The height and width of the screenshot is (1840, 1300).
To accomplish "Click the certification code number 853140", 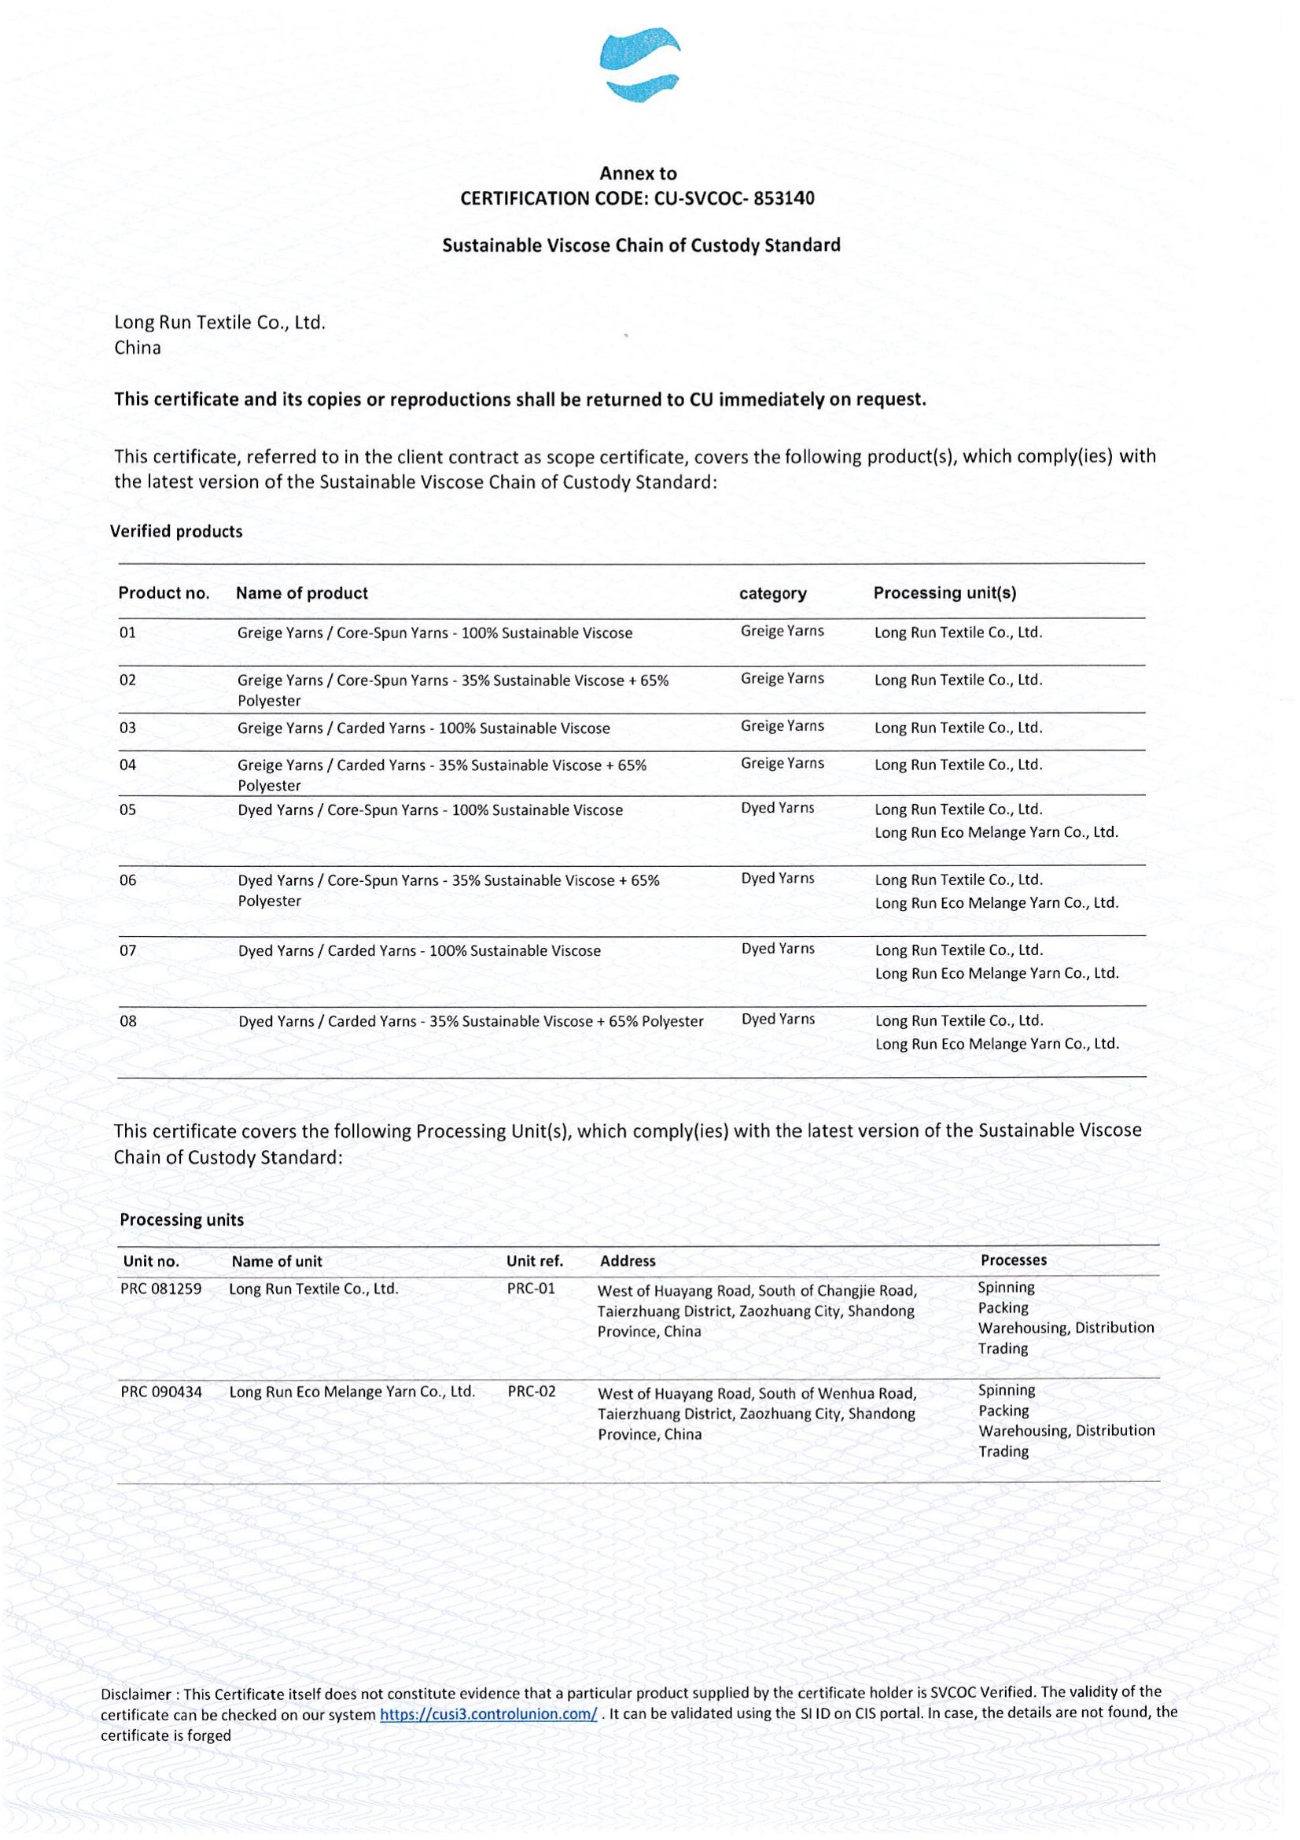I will tap(783, 199).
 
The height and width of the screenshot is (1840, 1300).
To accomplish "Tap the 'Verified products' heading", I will tap(176, 531).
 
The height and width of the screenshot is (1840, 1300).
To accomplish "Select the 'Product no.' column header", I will tap(164, 593).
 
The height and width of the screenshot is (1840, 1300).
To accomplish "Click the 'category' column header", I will tap(772, 594).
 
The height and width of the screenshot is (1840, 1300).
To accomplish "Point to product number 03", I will tap(128, 728).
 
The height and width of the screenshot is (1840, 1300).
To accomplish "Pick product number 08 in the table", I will tap(128, 1021).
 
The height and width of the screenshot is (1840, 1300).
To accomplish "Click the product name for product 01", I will tap(434, 633).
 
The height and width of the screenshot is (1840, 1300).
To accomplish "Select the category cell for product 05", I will tap(777, 808).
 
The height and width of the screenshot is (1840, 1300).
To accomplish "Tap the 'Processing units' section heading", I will tap(182, 1220).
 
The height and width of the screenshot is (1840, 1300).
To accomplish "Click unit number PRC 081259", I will tap(161, 1289).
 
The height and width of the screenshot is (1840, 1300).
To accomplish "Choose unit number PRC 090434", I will tap(161, 1392).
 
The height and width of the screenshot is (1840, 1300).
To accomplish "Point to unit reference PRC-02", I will tap(531, 1392).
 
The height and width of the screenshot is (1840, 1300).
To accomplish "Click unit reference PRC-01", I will tap(530, 1289).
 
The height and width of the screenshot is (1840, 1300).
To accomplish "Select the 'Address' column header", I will tap(627, 1260).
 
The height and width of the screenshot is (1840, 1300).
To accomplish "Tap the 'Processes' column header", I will tap(1013, 1259).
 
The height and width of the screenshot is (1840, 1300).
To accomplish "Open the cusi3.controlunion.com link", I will tap(488, 1715).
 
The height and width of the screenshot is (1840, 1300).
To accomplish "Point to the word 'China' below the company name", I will tap(138, 348).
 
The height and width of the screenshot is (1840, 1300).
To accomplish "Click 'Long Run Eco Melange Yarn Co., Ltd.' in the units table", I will tap(352, 1392).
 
